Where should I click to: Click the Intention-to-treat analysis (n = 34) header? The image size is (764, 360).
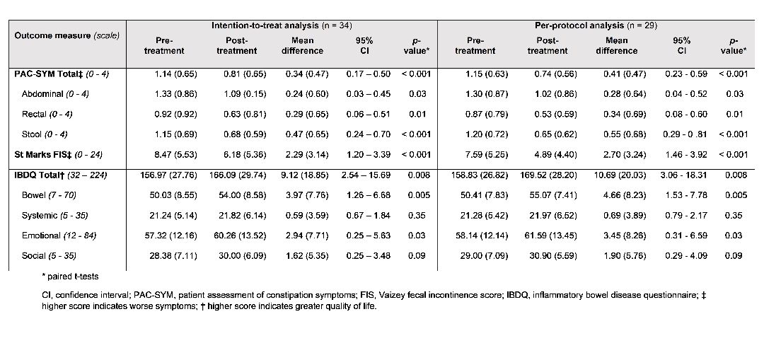tap(282, 25)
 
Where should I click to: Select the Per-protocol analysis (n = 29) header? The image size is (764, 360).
tap(596, 25)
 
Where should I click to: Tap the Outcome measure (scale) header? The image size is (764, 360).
tap(66, 35)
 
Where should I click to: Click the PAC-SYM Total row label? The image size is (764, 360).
tap(54, 74)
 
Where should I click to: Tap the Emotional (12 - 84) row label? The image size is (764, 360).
tap(59, 236)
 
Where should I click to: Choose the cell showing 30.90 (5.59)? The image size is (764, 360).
tap(553, 256)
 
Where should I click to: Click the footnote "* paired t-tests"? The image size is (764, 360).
tap(70, 277)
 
